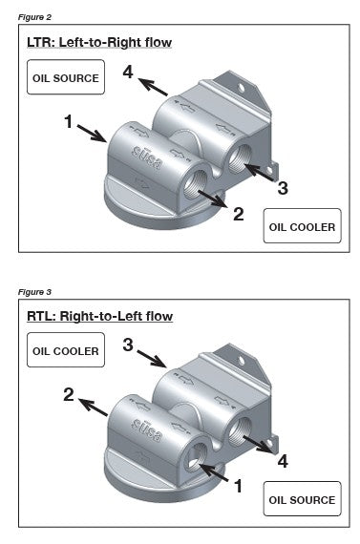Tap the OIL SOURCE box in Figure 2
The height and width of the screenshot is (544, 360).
click(65, 78)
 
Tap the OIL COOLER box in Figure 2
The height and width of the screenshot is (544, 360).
click(302, 227)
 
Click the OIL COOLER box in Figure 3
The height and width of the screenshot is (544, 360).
click(65, 350)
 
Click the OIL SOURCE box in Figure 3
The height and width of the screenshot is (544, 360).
click(302, 499)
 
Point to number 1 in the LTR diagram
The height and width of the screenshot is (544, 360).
click(69, 121)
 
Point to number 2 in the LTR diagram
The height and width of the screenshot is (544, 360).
click(240, 213)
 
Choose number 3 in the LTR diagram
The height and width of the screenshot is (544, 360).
click(283, 188)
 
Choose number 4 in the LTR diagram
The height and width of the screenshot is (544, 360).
click(128, 72)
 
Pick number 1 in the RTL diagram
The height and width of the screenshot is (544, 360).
click(239, 486)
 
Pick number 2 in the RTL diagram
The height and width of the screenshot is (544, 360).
click(69, 393)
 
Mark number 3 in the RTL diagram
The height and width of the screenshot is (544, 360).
click(128, 345)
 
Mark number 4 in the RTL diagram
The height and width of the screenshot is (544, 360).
click(283, 461)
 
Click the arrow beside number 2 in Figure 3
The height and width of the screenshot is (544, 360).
click(94, 407)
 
